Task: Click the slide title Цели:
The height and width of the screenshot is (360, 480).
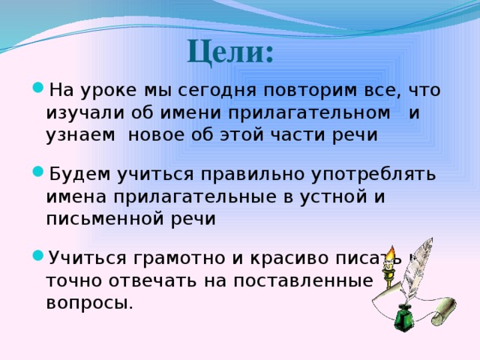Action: (x=229, y=52)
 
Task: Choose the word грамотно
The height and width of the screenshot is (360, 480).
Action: (x=184, y=259)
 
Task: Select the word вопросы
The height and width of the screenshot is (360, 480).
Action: (x=89, y=303)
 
